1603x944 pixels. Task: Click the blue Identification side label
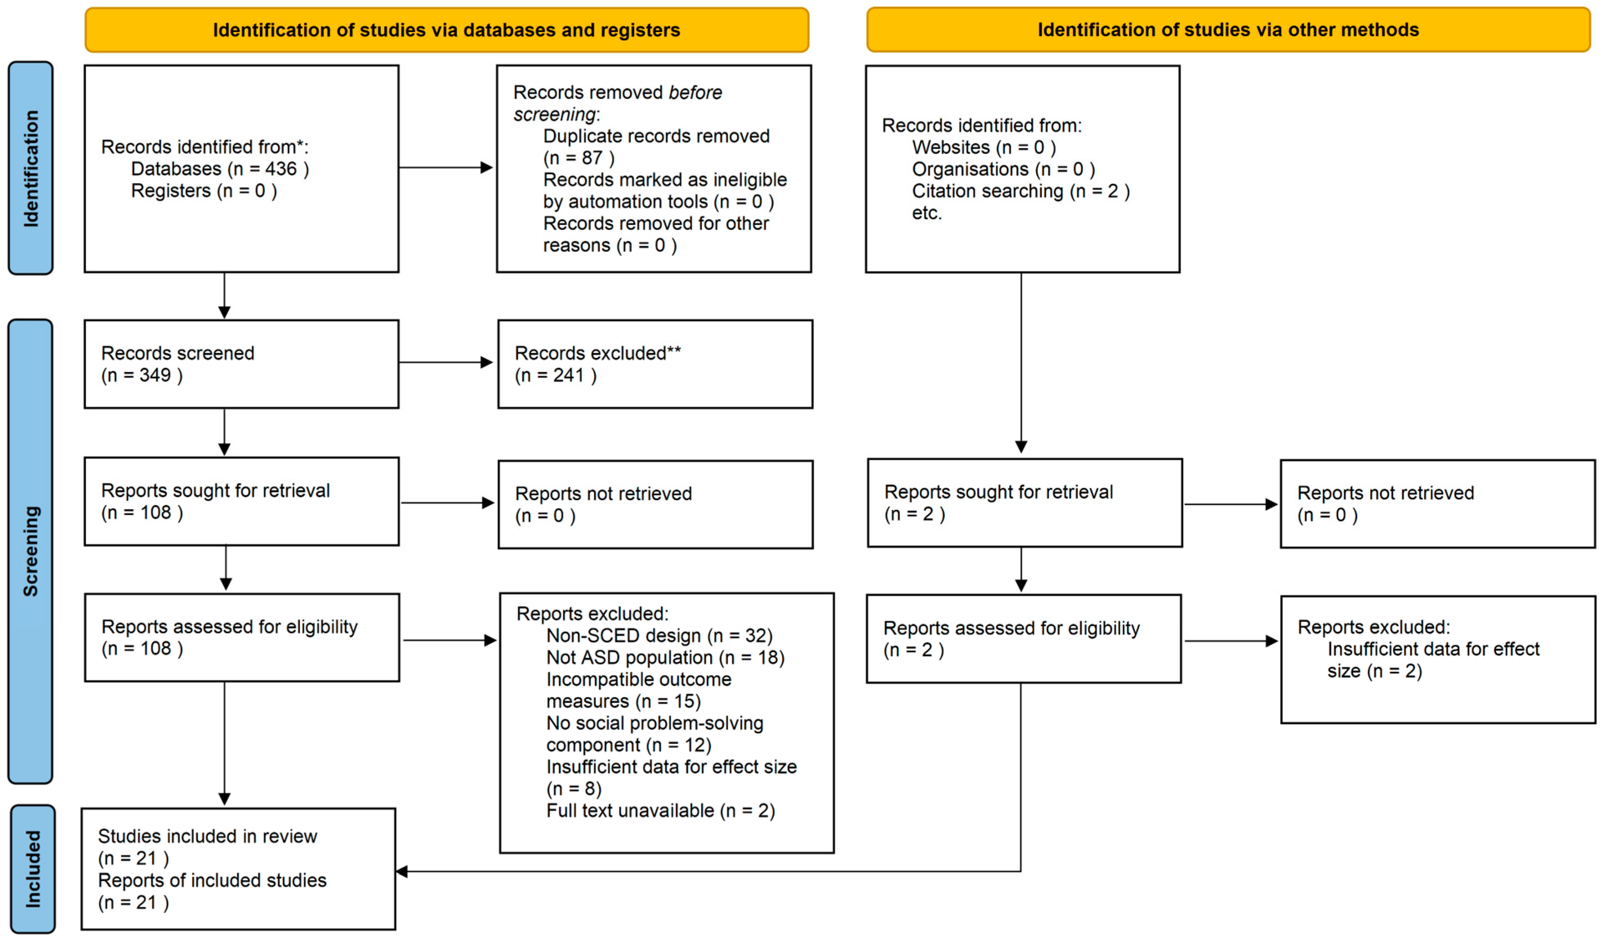pyautogui.click(x=31, y=168)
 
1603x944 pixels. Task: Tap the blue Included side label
pyautogui.click(x=32, y=869)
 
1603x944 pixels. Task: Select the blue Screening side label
pyautogui.click(x=31, y=551)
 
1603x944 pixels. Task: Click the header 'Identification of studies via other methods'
pyautogui.click(x=1228, y=30)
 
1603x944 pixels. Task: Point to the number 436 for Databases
pyautogui.click(x=281, y=169)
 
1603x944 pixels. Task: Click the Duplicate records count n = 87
pyautogui.click(x=579, y=158)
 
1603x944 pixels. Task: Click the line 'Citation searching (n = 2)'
pyautogui.click(x=1021, y=191)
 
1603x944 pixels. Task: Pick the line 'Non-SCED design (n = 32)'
pyautogui.click(x=660, y=636)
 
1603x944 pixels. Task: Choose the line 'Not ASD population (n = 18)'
pyautogui.click(x=665, y=658)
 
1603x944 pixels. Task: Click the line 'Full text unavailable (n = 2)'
pyautogui.click(x=661, y=811)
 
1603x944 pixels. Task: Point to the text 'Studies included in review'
pyautogui.click(x=207, y=837)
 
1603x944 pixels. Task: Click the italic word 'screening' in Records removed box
pyautogui.click(x=555, y=114)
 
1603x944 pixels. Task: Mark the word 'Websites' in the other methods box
pyautogui.click(x=951, y=148)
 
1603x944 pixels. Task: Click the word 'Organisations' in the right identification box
pyautogui.click(x=970, y=169)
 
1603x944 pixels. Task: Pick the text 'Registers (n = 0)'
pyautogui.click(x=204, y=191)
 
